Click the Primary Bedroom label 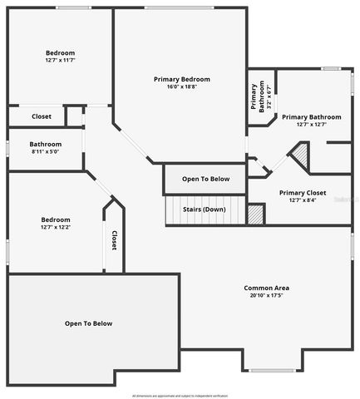[x=181, y=79]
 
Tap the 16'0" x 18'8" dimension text [x=181, y=86]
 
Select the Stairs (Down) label [x=204, y=209]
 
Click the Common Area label [x=266, y=288]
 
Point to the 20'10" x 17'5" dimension [x=266, y=295]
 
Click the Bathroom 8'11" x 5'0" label [x=45, y=148]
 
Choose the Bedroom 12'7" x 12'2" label [x=55, y=224]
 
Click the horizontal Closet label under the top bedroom [x=41, y=116]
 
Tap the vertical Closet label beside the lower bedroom [x=114, y=240]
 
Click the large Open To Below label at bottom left [x=89, y=323]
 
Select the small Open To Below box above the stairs [x=205, y=179]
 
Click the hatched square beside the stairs [x=256, y=214]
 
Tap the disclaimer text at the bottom [x=180, y=395]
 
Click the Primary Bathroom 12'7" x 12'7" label [x=312, y=121]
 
